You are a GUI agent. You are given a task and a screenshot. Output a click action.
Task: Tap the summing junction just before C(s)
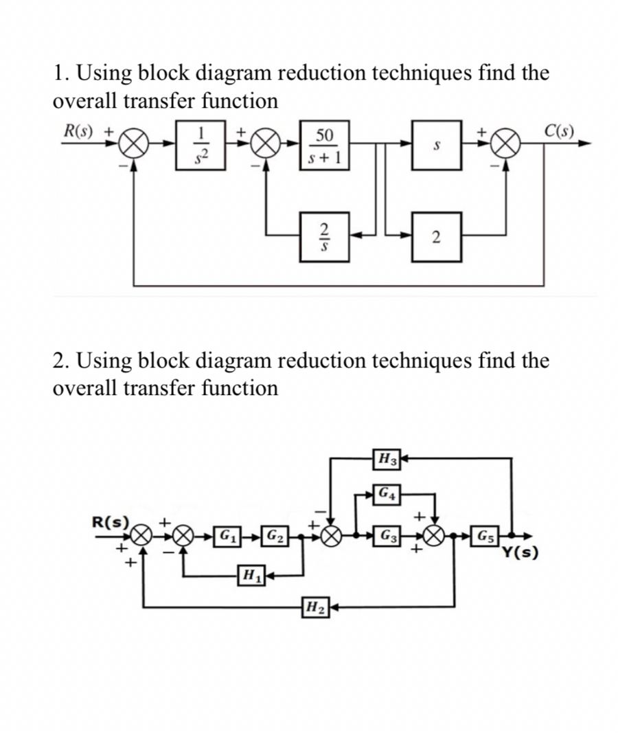505,144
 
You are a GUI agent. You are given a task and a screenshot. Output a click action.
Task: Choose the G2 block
276,534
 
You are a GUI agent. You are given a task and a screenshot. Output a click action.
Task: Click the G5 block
485,534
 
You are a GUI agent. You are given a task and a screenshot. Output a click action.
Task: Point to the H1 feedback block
247,572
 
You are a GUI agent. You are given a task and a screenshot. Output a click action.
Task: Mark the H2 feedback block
313,607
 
